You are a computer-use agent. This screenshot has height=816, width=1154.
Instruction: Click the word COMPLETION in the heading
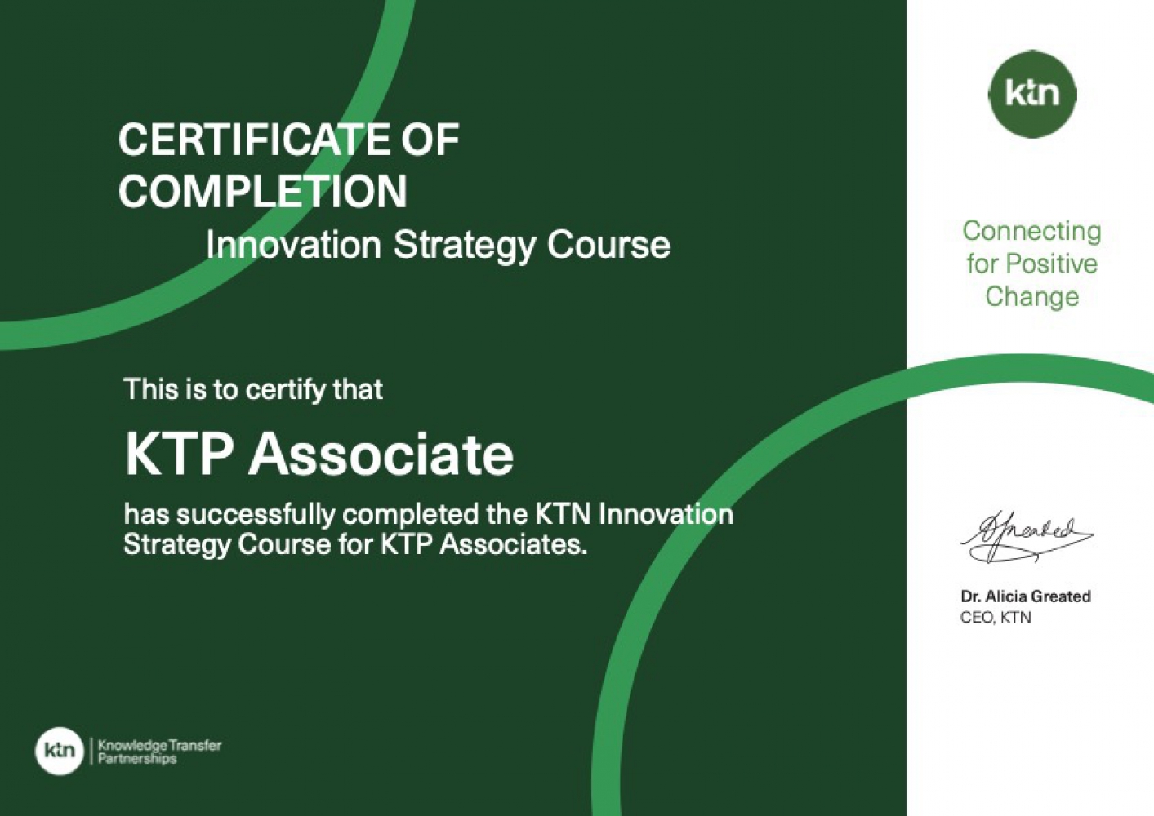click(x=263, y=190)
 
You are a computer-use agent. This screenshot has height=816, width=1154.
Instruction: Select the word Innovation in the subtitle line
click(x=294, y=245)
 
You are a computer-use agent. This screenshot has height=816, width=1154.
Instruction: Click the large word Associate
click(x=381, y=455)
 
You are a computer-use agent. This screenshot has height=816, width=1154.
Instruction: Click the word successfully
click(x=255, y=516)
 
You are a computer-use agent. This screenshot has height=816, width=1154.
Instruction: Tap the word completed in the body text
click(x=410, y=514)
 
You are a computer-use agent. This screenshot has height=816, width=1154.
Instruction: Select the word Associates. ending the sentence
click(x=513, y=545)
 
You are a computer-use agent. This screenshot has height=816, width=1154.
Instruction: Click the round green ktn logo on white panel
click(x=1032, y=94)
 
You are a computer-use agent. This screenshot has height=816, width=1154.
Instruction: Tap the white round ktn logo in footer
click(x=60, y=750)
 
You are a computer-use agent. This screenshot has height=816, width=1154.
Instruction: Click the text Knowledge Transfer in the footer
click(x=159, y=745)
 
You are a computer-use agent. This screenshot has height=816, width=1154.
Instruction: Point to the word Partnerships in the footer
click(x=136, y=759)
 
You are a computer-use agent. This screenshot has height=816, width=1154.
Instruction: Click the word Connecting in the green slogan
click(x=1031, y=233)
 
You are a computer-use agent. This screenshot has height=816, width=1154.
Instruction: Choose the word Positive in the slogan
click(x=1051, y=264)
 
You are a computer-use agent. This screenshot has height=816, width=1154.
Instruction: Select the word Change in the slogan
click(x=1031, y=297)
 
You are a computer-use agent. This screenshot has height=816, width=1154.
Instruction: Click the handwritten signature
click(x=1026, y=538)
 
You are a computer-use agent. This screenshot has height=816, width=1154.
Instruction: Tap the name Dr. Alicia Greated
click(x=1025, y=596)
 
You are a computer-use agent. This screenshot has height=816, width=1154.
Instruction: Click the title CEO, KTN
click(x=996, y=617)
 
